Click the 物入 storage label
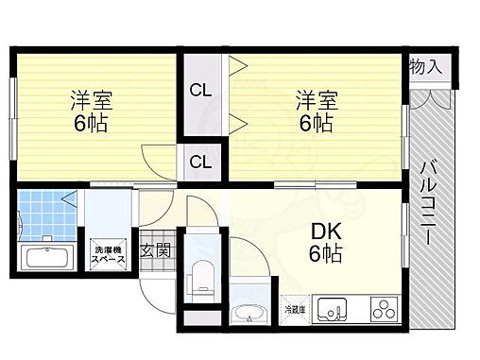(426, 67)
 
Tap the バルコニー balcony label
(428, 203)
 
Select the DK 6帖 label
(326, 243)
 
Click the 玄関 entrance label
(155, 250)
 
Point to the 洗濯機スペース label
(109, 254)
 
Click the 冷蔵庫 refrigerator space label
(295, 310)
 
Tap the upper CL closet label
(200, 91)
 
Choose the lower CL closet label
(200, 162)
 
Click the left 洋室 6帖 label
(91, 111)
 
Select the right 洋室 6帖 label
(317, 111)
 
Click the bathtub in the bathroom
(47, 257)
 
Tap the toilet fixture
(202, 277)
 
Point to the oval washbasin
(249, 314)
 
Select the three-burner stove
(384, 309)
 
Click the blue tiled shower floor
(47, 215)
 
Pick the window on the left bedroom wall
(13, 119)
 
